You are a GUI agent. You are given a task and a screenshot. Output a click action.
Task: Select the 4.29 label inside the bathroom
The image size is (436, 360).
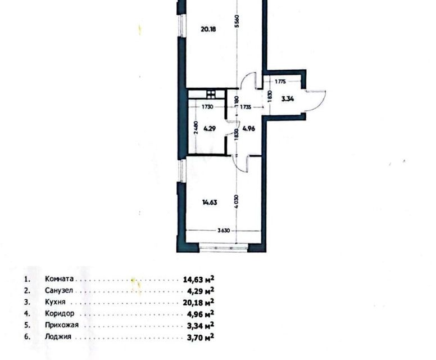pos(210,128)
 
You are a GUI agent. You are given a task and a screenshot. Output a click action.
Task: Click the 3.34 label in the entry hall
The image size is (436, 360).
pos(288,99)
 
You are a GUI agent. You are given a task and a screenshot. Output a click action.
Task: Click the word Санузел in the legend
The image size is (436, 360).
pos(58,291)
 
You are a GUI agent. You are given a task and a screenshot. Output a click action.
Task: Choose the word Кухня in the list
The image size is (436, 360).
pos(56,302)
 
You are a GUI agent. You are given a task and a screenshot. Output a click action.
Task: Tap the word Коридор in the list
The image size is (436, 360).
pos(59,314)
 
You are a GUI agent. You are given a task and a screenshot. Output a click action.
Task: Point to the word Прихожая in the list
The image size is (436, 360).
pos(62,325)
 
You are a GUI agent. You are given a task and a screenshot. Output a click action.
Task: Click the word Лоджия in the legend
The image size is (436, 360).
pos(58,337)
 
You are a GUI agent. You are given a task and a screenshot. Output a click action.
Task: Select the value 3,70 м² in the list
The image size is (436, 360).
pos(199,337)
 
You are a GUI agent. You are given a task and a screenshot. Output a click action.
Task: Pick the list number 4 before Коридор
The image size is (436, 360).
pos(26,314)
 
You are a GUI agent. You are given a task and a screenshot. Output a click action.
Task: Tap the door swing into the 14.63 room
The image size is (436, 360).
pos(242,164)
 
